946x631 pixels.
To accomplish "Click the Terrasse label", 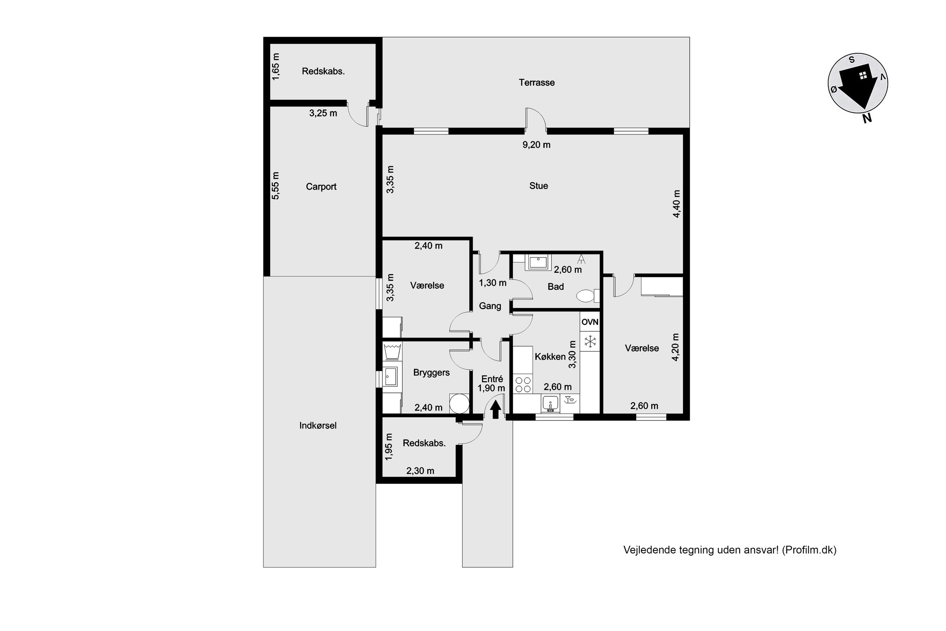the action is pos(536,83).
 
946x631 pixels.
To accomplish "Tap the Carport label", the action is pos(321,187).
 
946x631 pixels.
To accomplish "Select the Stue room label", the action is pos(538,186).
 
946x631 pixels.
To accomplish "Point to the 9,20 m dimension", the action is pos(536,145).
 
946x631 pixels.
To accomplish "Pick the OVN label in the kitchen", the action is pos(590,322).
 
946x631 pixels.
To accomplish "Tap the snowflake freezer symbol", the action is pos(590,342).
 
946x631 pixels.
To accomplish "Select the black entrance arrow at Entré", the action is pos(495,410).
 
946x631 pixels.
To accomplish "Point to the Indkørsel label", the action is pos(318,425).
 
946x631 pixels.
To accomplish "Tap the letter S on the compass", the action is pos(851,60).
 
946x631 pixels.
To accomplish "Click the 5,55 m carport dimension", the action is pos(275,186).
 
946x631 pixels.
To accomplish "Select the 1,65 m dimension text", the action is pos(275,66).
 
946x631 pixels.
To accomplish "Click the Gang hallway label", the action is pos(490,306).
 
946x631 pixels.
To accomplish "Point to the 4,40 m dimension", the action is pos(677,204).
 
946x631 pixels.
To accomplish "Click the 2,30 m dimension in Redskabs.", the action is pos(420,471).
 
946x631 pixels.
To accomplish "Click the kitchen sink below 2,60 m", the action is pos(550,404).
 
